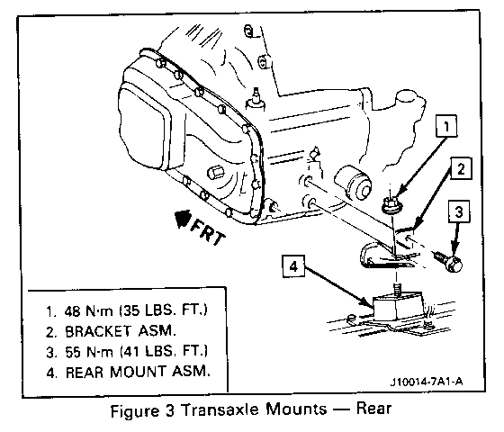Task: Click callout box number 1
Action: click(x=446, y=126)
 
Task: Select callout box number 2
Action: click(x=461, y=168)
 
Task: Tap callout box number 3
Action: click(x=459, y=211)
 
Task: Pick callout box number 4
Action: click(x=293, y=265)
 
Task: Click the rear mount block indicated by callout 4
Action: click(x=398, y=306)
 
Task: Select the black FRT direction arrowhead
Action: click(x=183, y=220)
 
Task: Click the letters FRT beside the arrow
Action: click(x=208, y=233)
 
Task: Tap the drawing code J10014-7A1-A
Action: click(x=427, y=382)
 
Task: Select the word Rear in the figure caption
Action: click(x=373, y=409)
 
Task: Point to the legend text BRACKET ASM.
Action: click(x=121, y=331)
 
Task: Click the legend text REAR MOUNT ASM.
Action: click(x=138, y=372)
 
